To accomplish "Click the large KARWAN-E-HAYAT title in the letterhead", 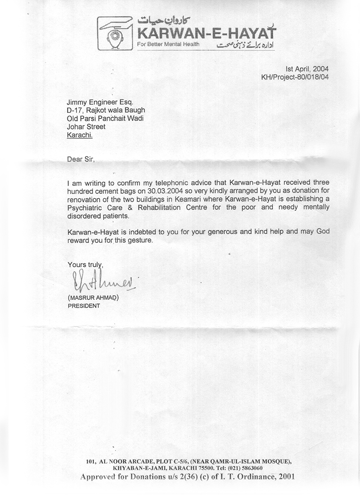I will coord(207,33).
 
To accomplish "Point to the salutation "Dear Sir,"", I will coord(81,160).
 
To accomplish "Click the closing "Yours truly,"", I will coord(85,264).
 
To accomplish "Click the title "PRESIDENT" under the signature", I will coord(84,306).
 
